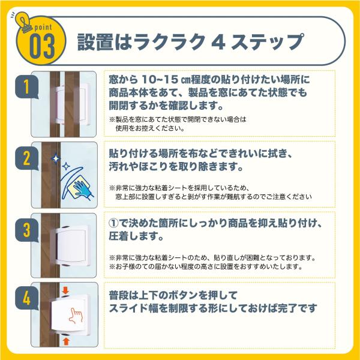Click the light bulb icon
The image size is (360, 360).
click(x=23, y=22)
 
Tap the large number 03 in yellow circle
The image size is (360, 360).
click(x=42, y=46)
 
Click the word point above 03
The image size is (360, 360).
click(x=43, y=28)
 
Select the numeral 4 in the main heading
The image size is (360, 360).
click(x=218, y=42)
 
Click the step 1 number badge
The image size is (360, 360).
click(x=26, y=87)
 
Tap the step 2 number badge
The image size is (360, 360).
click(x=26, y=158)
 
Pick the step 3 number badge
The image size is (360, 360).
click(x=26, y=230)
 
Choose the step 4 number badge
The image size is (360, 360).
click(x=26, y=298)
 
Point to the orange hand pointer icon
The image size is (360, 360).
click(x=76, y=316)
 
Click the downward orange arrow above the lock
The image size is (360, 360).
click(x=65, y=290)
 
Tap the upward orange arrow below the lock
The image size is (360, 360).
click(x=66, y=341)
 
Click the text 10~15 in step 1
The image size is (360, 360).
click(x=160, y=79)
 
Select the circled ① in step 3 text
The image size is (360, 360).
click(x=113, y=223)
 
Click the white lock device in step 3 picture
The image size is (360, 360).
click(x=71, y=245)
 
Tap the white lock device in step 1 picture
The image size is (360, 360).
click(x=71, y=104)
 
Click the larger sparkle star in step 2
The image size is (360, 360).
click(x=56, y=158)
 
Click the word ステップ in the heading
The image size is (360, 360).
click(x=268, y=42)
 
